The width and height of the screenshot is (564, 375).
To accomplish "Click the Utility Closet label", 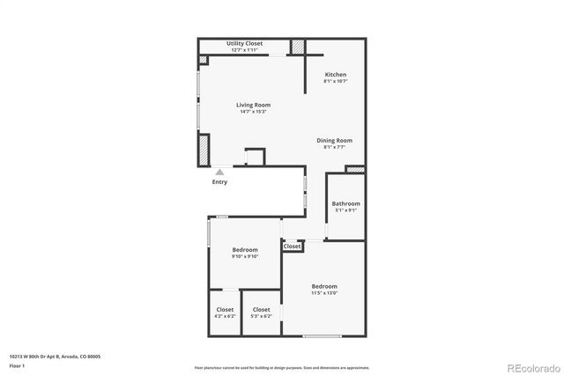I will pos(244,43).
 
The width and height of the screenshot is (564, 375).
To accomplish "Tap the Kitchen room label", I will pos(336,75).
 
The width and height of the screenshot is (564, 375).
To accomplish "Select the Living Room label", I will pos(253,105).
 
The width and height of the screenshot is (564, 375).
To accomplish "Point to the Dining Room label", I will pos(335,140).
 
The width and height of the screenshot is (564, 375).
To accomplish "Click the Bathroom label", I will pos(345,203).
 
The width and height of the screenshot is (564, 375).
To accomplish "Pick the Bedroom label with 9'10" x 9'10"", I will pos(245,250).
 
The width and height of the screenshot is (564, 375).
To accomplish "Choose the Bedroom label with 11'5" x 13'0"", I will pos(324,286).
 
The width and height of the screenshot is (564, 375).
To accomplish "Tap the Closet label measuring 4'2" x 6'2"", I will pos(225,309).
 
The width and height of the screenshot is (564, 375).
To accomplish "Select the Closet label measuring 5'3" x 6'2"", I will pos(262,309).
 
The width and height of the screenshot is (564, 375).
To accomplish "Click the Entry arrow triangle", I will pos(219,173).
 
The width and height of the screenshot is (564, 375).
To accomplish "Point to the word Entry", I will pos(219,182).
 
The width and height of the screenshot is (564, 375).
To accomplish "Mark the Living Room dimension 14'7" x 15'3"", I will pos(253,112).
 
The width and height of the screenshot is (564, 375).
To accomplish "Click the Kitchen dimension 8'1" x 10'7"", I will pos(336,82).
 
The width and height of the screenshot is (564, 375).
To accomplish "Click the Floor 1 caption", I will pos(17,365).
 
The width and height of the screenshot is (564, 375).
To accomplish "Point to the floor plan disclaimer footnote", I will pos(282,367).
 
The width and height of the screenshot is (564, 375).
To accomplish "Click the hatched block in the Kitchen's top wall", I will pos(299,47).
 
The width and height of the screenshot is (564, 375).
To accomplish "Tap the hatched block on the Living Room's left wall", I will pos(204,149).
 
